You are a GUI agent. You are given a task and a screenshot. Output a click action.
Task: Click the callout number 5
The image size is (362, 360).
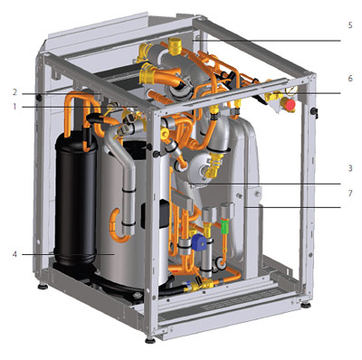[x=350, y=25]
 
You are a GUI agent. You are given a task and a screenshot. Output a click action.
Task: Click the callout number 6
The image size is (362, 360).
[x=350, y=79]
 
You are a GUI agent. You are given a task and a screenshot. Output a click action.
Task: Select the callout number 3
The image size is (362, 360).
[x=350, y=168]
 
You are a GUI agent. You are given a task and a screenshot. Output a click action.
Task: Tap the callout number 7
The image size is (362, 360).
[x=350, y=193]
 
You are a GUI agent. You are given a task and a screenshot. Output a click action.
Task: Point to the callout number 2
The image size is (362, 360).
[x=14, y=92]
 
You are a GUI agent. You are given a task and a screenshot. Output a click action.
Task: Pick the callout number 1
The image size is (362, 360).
[x=14, y=107]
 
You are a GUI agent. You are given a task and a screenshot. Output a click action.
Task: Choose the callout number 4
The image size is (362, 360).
[x=14, y=254]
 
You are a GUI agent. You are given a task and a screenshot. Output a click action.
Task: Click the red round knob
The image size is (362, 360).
[x=290, y=105]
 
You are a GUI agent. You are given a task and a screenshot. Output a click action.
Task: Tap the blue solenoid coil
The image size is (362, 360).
[x=198, y=242]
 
